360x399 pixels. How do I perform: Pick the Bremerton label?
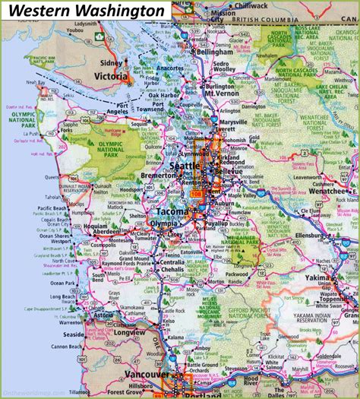159,175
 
